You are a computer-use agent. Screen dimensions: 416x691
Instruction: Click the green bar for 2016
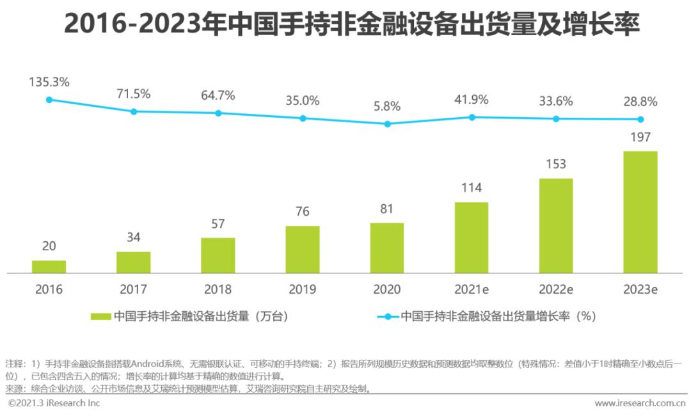click(49, 267)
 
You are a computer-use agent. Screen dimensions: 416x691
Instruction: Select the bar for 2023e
click(640, 212)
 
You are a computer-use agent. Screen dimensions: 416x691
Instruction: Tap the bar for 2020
click(387, 248)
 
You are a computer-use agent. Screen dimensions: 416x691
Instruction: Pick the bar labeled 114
click(472, 237)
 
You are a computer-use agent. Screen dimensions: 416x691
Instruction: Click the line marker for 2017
click(134, 111)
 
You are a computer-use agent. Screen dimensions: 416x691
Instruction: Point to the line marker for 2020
click(387, 124)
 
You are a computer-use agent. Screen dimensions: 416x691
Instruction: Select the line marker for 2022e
click(556, 118)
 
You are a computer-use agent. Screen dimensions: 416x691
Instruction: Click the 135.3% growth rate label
click(49, 83)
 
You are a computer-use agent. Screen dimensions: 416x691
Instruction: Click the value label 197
click(640, 137)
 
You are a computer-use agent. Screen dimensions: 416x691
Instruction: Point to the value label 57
click(218, 223)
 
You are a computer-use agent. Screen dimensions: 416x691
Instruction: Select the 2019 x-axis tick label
click(303, 289)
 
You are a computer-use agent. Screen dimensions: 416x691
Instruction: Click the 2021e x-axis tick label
click(472, 289)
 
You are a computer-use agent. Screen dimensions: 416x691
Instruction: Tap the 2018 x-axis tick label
click(218, 289)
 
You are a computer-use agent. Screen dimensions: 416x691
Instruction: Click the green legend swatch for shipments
click(101, 316)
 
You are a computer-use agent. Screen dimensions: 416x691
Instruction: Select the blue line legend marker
click(388, 316)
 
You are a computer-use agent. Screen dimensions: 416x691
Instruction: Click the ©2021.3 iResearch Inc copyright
click(54, 403)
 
